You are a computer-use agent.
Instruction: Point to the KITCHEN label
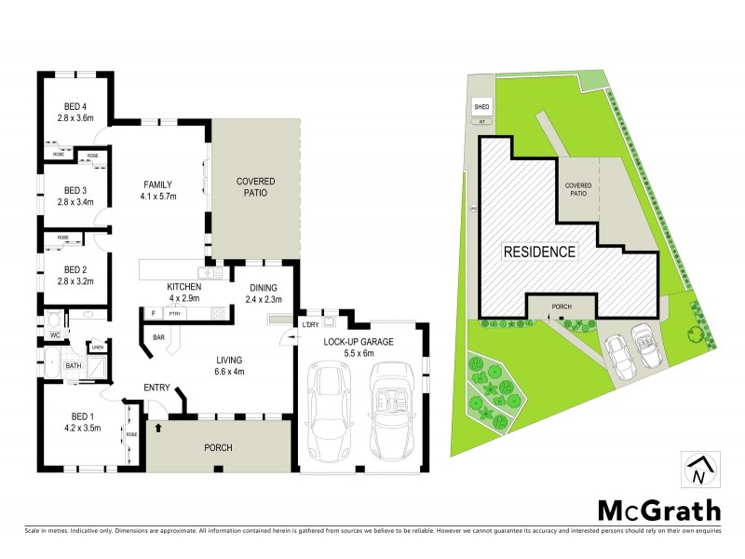pyautogui.click(x=184, y=286)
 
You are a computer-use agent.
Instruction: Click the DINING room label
pyautogui.click(x=264, y=286)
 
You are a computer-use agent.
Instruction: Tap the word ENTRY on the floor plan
pyautogui.click(x=156, y=387)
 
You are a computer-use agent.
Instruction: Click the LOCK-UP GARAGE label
pyautogui.click(x=359, y=342)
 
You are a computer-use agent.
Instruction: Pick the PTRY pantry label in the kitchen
pyautogui.click(x=174, y=314)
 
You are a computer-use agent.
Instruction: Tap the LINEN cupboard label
pyautogui.click(x=98, y=348)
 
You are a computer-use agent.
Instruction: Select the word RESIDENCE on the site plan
pyautogui.click(x=539, y=252)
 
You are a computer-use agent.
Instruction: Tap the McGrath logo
pyautogui.click(x=658, y=510)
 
